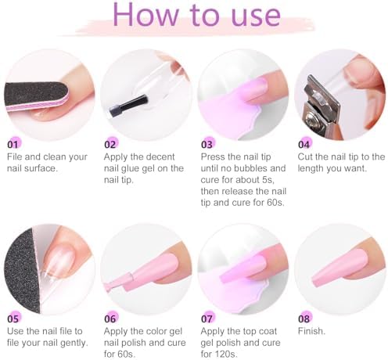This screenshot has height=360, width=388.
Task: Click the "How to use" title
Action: pos(197,15)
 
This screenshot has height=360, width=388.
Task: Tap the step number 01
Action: pos(13,145)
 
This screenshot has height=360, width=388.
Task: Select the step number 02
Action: pos(110,145)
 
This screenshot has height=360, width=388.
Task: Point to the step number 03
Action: pos(207,145)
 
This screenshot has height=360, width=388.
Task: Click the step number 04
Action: pos(304,145)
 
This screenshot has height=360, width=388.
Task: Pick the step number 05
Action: pos(13,319)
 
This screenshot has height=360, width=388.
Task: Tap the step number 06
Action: pos(110,319)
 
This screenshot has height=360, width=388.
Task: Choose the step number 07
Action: pos(207,319)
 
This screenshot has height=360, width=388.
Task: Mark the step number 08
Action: pos(304,319)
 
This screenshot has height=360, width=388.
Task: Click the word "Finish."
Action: pos(311,331)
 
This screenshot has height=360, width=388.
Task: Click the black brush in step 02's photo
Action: pos(128,106)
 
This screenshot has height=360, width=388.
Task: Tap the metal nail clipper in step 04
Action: pos(322,106)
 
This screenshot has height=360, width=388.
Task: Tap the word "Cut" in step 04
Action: pos(305,157)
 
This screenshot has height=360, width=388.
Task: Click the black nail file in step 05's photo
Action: pos(22,270)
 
